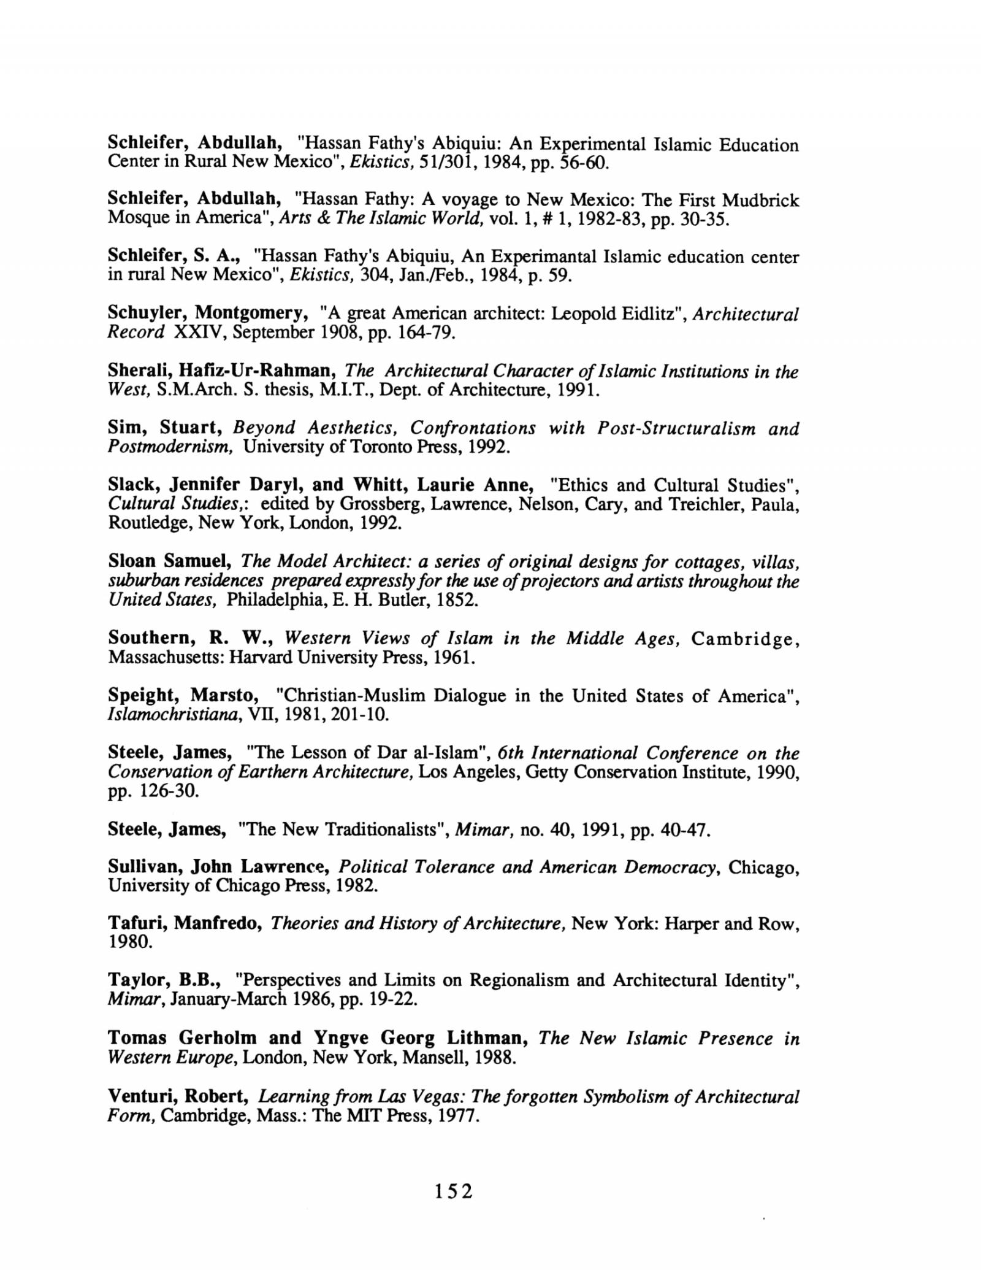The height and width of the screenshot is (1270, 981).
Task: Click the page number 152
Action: [x=454, y=1191]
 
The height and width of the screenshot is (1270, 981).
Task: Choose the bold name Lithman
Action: [x=487, y=1038]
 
